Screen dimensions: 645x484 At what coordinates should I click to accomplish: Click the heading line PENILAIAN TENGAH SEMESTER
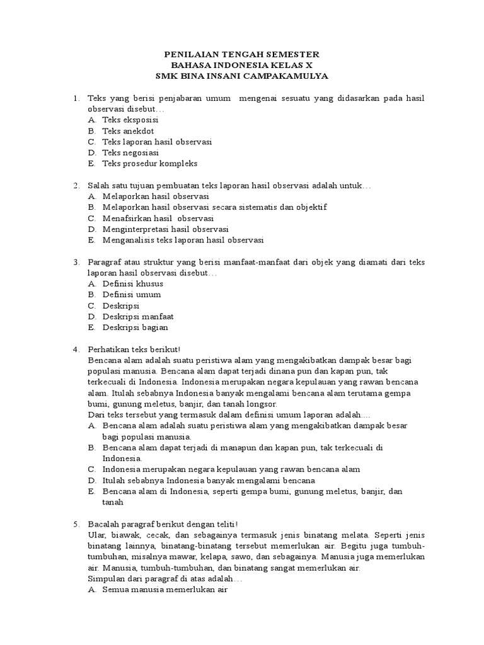tap(242, 54)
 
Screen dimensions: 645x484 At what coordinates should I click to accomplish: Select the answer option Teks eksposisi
tap(130, 119)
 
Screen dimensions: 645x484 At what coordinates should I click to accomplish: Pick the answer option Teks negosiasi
tap(130, 152)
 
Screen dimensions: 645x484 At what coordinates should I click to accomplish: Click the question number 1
tap(75, 98)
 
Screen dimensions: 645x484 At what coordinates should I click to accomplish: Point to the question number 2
tap(75, 185)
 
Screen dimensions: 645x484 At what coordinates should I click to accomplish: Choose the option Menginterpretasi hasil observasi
tap(165, 229)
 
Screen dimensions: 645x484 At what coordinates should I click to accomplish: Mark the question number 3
tap(75, 261)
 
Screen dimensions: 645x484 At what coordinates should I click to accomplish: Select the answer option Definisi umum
tap(132, 294)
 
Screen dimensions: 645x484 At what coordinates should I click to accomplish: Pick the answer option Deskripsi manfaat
tap(138, 316)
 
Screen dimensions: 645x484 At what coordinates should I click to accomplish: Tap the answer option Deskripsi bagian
tap(135, 327)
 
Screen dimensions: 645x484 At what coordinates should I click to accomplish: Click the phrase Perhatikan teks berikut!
tap(135, 349)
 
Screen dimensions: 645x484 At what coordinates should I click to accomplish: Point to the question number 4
tap(75, 349)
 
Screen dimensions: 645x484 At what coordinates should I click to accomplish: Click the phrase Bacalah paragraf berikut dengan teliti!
tap(163, 524)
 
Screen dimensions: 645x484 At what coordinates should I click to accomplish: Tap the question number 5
tap(75, 524)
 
